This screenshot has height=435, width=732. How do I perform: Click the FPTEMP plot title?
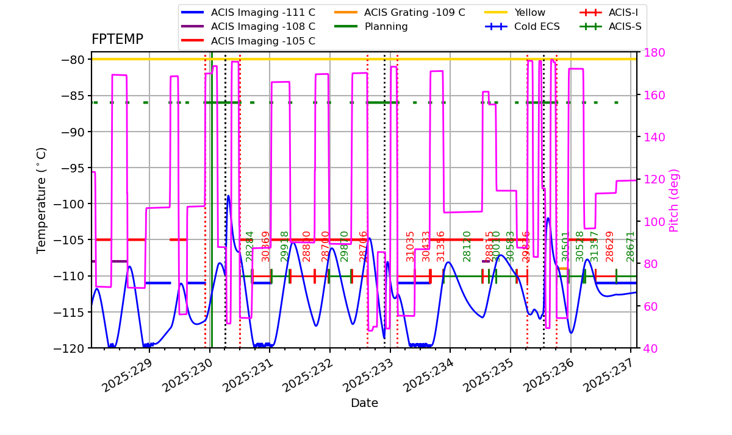117,40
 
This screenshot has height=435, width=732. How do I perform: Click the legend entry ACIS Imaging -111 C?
263,12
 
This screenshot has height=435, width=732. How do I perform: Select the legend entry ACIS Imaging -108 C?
263,27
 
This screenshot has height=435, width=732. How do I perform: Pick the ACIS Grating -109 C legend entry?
414,12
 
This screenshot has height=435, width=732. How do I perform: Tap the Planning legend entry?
386,27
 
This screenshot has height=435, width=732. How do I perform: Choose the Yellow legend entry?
529,12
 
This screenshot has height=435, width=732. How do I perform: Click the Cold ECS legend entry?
537,27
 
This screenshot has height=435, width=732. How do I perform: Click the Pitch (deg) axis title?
674,200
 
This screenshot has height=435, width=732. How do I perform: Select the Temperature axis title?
41,200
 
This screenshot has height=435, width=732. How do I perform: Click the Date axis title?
364,403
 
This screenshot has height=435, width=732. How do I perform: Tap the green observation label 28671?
630,246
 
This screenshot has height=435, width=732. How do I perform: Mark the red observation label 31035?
411,246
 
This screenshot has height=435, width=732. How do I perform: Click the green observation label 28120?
467,246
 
